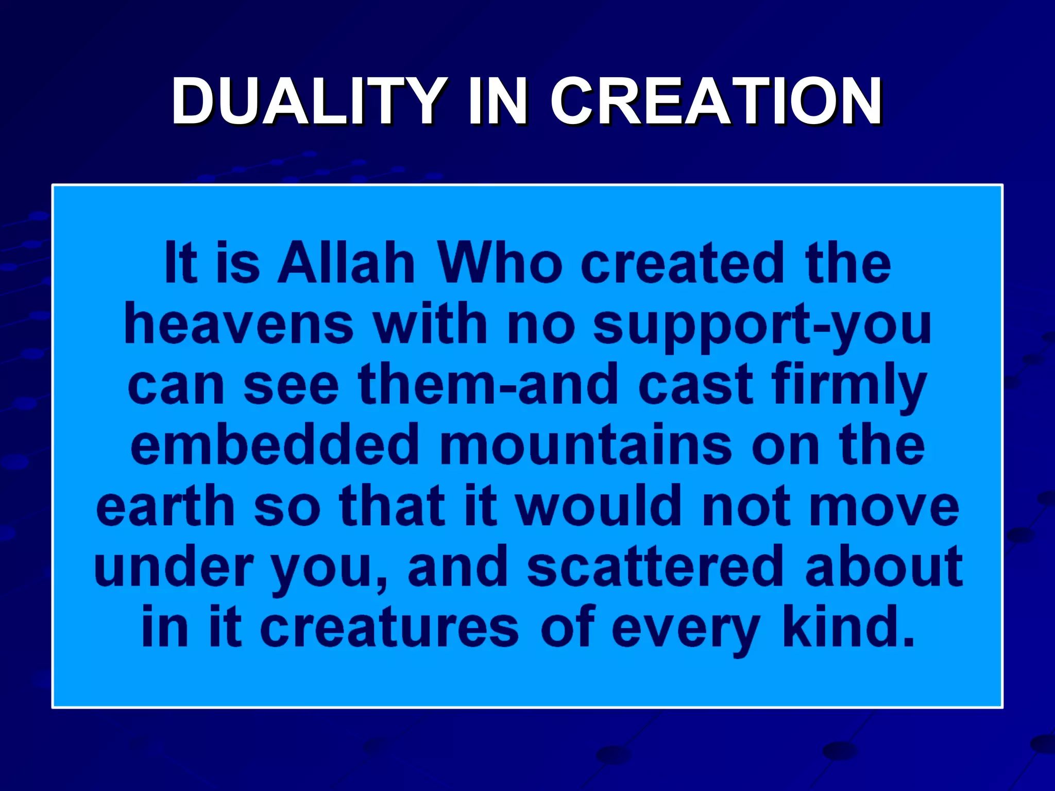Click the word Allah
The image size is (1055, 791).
pyautogui.click(x=346, y=264)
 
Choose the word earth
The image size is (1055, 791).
pyautogui.click(x=165, y=507)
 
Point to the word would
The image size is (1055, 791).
pyautogui.click(x=600, y=507)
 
